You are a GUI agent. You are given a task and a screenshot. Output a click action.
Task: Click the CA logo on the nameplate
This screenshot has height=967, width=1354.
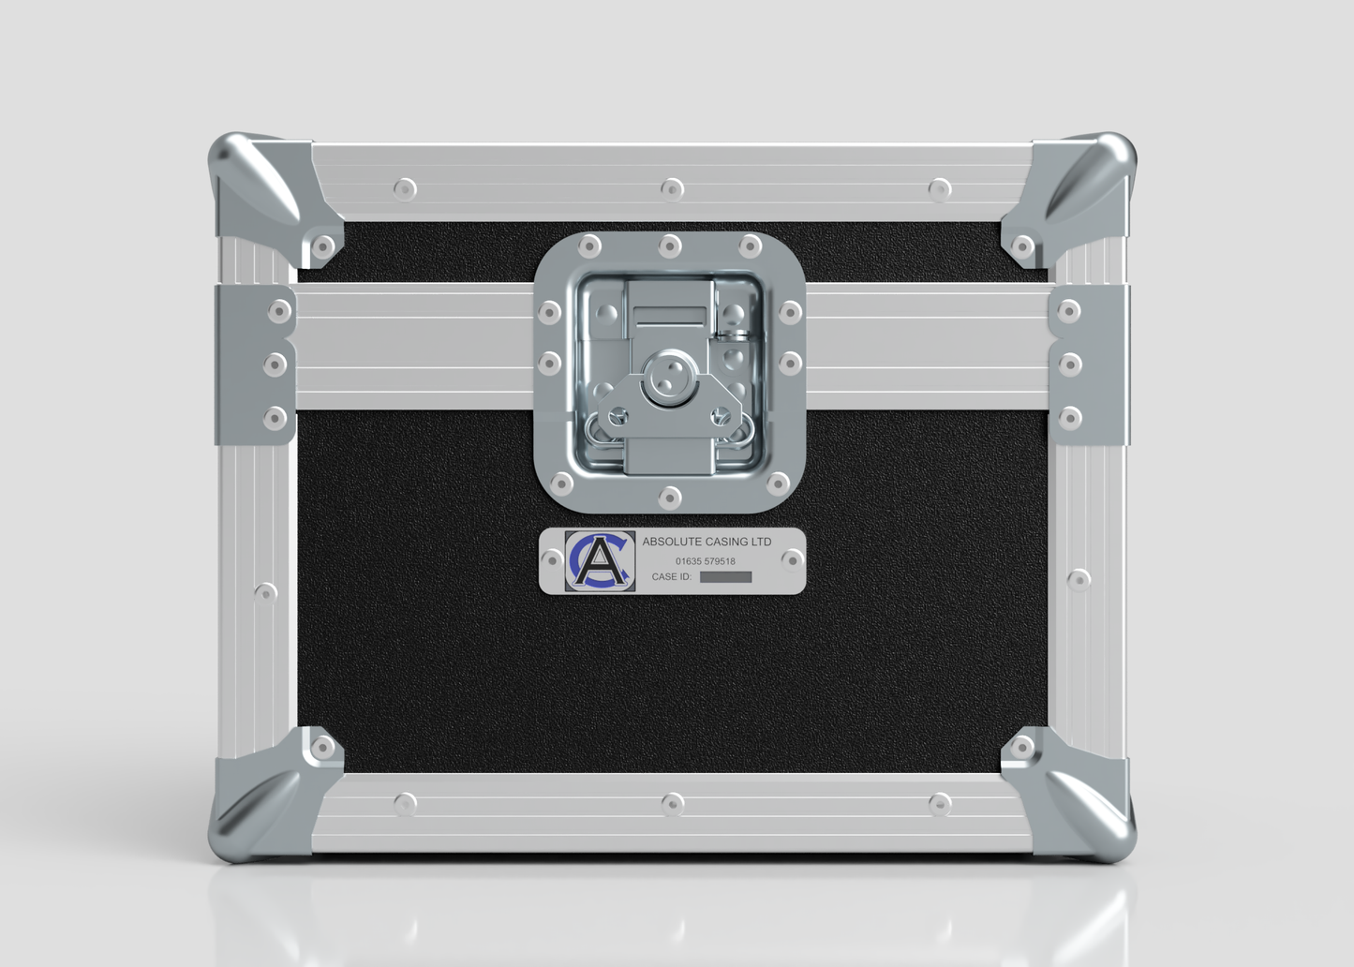coord(600,561)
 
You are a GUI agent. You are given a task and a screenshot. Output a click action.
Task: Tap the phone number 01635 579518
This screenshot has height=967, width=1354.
coord(706,561)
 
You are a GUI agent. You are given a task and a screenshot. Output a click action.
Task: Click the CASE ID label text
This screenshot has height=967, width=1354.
coord(672,576)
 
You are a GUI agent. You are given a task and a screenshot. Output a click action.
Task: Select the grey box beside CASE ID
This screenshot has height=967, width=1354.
coord(725,577)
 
